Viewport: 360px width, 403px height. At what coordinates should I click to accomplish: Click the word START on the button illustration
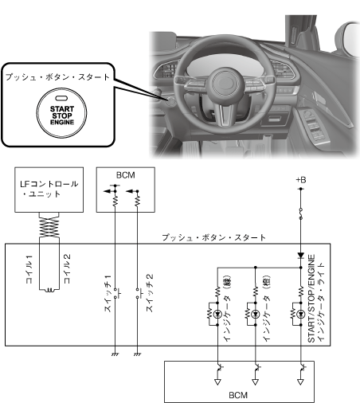tap(62, 109)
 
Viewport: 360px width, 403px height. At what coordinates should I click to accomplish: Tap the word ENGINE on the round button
tap(62, 122)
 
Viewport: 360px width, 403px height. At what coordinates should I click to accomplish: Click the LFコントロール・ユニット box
tap(49, 190)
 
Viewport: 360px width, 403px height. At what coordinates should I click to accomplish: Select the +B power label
tap(301, 180)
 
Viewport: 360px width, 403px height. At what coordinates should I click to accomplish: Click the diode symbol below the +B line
tap(300, 256)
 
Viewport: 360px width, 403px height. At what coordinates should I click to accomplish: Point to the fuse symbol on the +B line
tap(300, 213)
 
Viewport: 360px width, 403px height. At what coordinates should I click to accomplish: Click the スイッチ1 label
tap(108, 293)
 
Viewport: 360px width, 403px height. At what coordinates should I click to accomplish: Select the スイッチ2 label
tap(149, 293)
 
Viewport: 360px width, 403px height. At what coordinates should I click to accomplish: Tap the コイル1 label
tap(29, 269)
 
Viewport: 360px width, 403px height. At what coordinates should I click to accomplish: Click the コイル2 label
tap(68, 268)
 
